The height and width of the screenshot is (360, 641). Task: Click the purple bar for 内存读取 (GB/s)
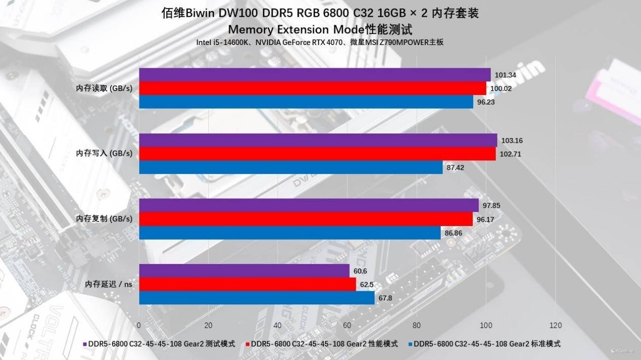coord(314,75)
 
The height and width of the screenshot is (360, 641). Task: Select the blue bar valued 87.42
coord(291,167)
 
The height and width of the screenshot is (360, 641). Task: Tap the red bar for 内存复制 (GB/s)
coord(306,219)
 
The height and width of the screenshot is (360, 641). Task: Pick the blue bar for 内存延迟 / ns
coord(257,298)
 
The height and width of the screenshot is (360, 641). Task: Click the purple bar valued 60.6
coord(244,271)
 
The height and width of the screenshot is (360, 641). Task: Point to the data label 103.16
coord(511,141)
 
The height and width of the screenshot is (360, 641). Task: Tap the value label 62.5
coord(368,285)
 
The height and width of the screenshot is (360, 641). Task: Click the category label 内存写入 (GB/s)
coord(104,153)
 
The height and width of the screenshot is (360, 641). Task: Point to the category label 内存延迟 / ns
coord(108,284)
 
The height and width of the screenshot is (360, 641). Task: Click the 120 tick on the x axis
coord(555,325)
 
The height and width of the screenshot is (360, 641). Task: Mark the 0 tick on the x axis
coord(139,325)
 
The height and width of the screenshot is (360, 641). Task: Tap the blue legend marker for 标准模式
coord(410,344)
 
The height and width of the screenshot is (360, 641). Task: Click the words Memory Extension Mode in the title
coord(296,28)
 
